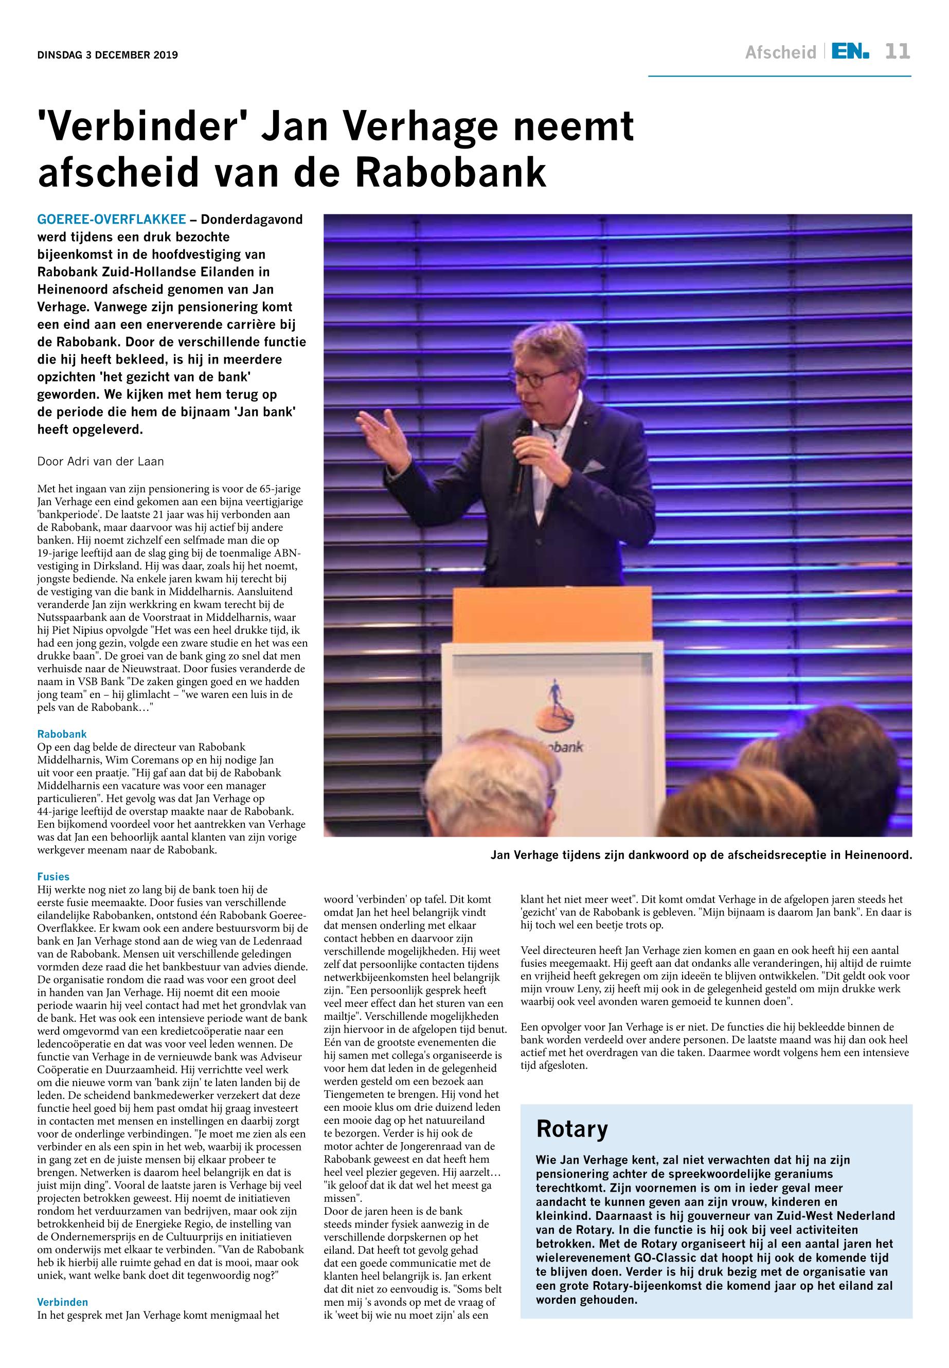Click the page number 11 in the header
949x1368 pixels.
pyautogui.click(x=897, y=52)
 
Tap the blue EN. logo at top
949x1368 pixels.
pyautogui.click(x=850, y=52)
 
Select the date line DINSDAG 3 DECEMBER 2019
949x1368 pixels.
pyautogui.click(x=108, y=56)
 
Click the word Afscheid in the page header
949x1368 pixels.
pyautogui.click(x=780, y=53)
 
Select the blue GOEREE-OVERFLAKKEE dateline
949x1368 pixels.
pyautogui.click(x=111, y=220)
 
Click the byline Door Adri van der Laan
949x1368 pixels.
pyautogui.click(x=100, y=461)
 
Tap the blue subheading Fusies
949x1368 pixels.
pyautogui.click(x=53, y=876)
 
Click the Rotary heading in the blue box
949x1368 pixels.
pyautogui.click(x=572, y=1128)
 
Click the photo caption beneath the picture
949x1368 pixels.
pyautogui.click(x=701, y=856)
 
